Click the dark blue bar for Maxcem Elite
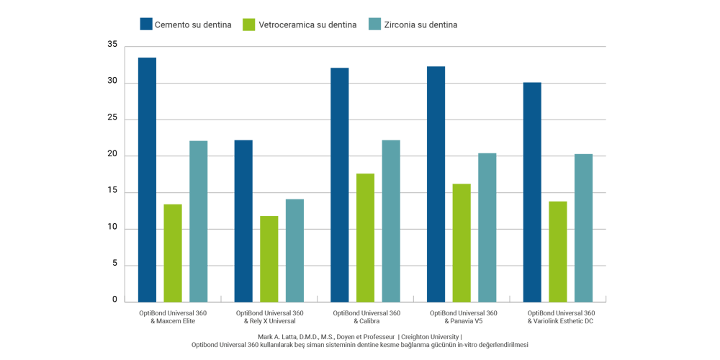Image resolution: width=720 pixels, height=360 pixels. click(x=147, y=179)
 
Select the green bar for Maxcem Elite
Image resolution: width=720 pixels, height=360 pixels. click(x=173, y=253)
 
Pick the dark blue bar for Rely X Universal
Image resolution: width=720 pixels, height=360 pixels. click(x=243, y=220)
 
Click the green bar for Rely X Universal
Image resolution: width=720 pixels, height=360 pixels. click(x=269, y=258)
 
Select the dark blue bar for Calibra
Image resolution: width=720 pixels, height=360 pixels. click(x=339, y=184)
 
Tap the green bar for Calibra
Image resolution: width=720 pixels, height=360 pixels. click(x=365, y=237)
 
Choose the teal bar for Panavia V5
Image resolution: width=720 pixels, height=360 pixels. click(x=487, y=227)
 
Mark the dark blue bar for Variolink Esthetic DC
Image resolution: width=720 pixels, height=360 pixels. click(x=532, y=192)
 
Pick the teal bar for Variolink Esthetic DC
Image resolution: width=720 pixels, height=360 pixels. click(x=583, y=228)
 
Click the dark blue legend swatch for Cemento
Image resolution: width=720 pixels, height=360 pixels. click(x=147, y=24)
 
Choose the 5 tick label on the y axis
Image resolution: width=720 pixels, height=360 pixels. click(x=114, y=264)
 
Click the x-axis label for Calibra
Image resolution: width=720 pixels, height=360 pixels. click(x=365, y=317)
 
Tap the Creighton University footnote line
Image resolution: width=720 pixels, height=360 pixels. click(x=360, y=336)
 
